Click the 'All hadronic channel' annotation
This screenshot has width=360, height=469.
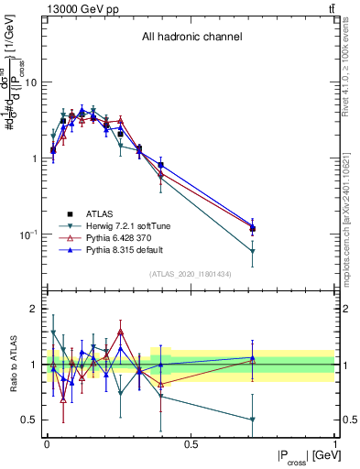pos(191,37)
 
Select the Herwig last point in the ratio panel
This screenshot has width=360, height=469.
pos(253,420)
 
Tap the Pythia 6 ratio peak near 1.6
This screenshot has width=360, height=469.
pos(120,332)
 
